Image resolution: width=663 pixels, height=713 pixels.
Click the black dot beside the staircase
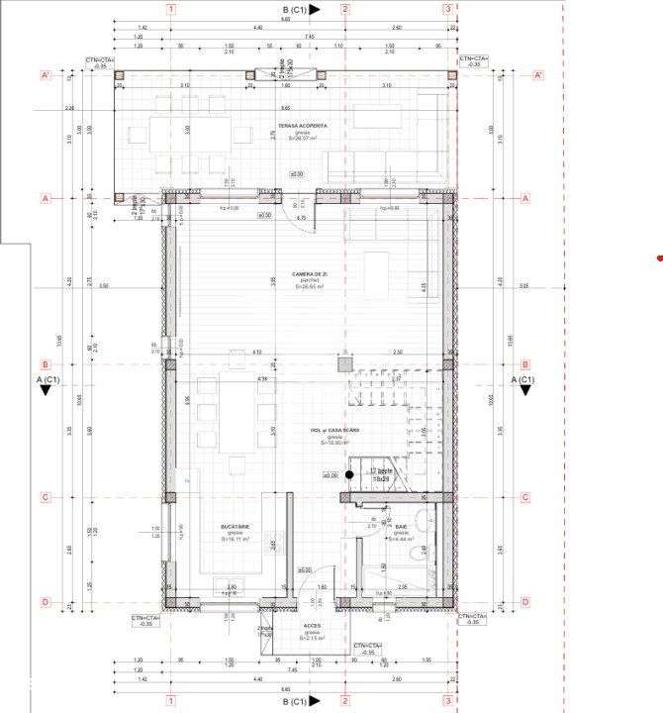click(349, 476)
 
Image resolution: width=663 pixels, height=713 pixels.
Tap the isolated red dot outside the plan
click(660, 259)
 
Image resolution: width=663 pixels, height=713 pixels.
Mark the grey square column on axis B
click(343, 364)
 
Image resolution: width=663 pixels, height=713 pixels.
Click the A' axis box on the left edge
click(45, 75)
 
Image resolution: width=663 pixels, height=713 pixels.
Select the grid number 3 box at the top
click(448, 10)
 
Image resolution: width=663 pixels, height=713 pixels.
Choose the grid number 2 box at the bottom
click(344, 703)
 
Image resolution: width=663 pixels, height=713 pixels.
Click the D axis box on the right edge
click(524, 601)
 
